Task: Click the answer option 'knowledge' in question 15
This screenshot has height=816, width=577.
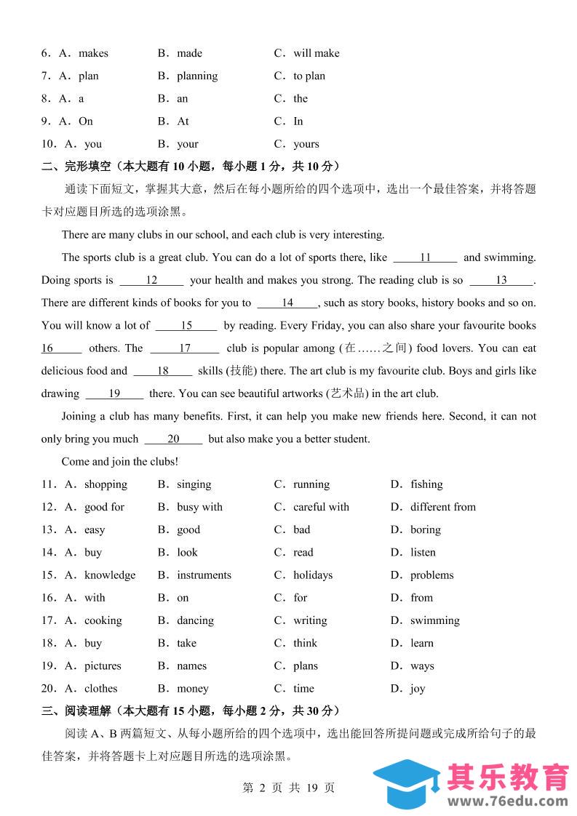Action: (109, 575)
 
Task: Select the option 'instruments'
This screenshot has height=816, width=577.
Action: (204, 575)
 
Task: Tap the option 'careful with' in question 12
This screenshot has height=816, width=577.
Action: (321, 507)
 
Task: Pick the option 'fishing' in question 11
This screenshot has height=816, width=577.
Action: (426, 484)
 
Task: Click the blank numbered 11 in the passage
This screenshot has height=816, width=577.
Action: (426, 257)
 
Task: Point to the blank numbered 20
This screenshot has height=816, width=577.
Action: (173, 439)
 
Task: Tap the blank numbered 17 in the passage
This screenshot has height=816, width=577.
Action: (185, 348)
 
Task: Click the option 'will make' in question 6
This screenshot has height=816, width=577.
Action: (316, 53)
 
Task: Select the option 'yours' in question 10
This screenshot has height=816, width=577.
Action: (306, 144)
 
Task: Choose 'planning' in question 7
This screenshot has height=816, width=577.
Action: (197, 76)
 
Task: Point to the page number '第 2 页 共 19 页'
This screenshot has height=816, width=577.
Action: (288, 788)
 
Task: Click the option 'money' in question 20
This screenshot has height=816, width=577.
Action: (192, 689)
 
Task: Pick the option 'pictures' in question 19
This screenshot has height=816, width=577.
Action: (103, 666)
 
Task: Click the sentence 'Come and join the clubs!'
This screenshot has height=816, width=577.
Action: (120, 462)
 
